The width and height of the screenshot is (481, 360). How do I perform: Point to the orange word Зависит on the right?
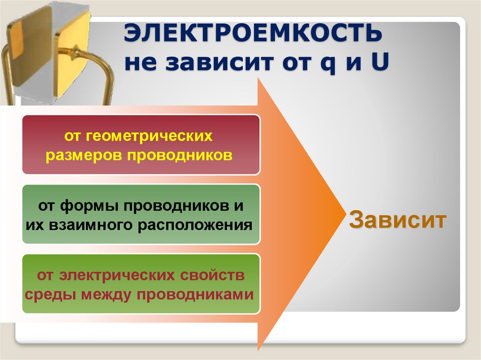pyautogui.click(x=397, y=220)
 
